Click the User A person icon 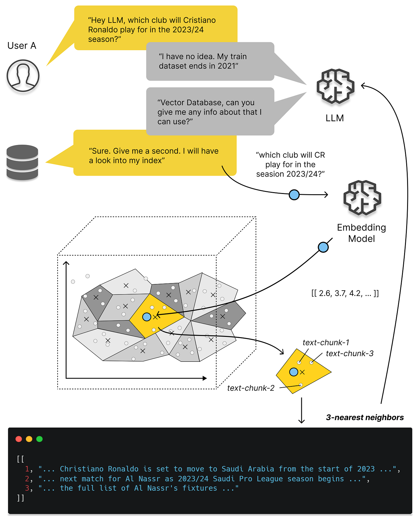(x=23, y=76)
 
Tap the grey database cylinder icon (x=22, y=162)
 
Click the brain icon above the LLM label (x=335, y=86)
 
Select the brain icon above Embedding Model (x=362, y=198)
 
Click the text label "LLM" (x=334, y=118)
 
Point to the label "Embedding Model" (x=361, y=233)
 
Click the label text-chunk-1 (x=325, y=343)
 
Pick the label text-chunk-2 (x=250, y=388)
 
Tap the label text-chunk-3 (x=349, y=353)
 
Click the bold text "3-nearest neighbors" (x=364, y=417)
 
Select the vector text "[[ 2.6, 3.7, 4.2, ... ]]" (x=345, y=293)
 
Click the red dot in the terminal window (x=19, y=439)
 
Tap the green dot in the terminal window (x=39, y=439)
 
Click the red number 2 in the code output (x=27, y=479)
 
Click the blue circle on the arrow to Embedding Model (x=294, y=195)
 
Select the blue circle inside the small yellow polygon (x=293, y=372)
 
